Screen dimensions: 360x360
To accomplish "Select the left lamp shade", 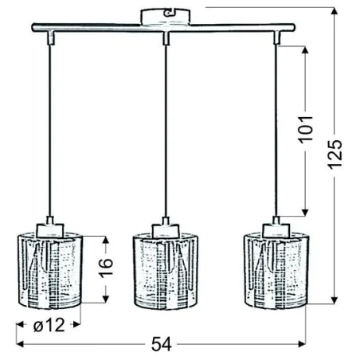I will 50,269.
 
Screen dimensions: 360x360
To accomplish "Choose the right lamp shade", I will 276,269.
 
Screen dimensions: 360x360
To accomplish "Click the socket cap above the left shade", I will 50,225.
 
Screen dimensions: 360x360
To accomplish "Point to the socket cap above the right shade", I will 276,225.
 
